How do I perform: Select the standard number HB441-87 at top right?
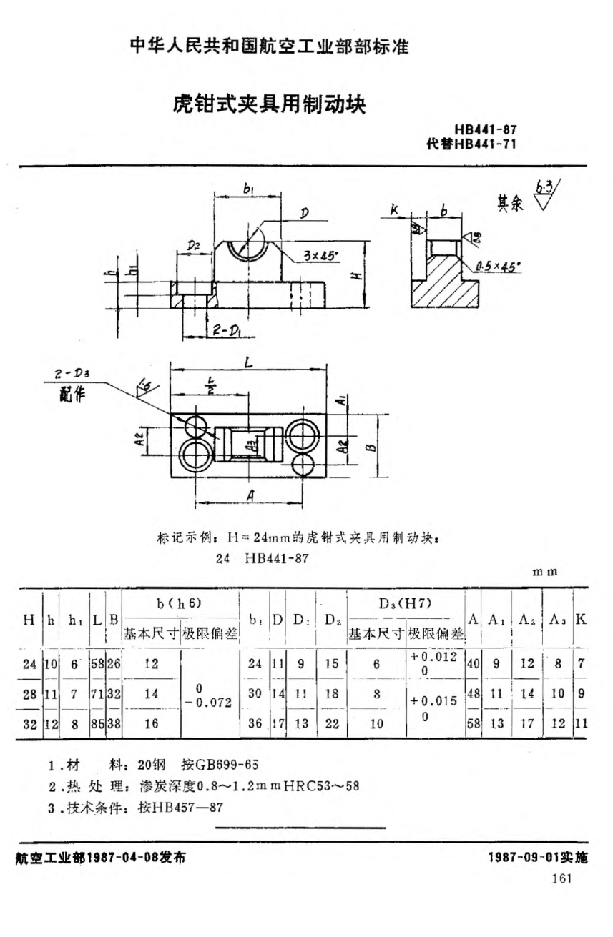pos(485,129)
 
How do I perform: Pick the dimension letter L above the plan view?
pos(247,363)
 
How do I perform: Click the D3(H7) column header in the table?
pos(405,604)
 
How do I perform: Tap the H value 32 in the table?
pos(29,723)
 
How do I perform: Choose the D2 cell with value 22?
pos(331,723)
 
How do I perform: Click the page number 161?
pos(562,878)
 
